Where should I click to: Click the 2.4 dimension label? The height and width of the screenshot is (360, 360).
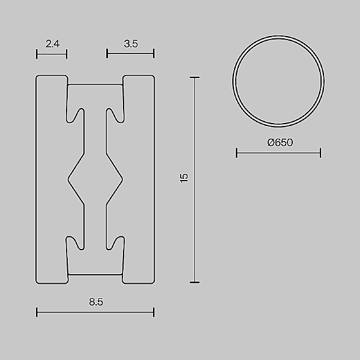click(x=52, y=43)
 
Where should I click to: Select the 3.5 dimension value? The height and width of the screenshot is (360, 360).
click(x=130, y=43)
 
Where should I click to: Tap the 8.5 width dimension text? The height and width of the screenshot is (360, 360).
click(x=96, y=302)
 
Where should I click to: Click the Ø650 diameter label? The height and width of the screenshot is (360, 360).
click(x=280, y=143)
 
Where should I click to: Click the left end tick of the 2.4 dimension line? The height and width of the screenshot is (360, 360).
click(x=37, y=54)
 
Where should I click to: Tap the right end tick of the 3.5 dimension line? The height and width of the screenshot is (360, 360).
click(x=154, y=54)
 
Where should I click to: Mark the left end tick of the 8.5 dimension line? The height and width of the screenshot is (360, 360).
click(x=37, y=312)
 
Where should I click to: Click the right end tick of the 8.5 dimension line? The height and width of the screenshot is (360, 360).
click(x=154, y=312)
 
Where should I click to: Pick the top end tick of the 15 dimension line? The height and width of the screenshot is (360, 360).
click(x=194, y=77)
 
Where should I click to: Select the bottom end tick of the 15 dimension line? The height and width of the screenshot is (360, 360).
click(x=194, y=282)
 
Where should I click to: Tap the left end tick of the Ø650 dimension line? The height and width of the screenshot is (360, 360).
click(x=237, y=154)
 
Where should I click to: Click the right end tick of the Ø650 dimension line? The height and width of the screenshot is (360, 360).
click(x=320, y=154)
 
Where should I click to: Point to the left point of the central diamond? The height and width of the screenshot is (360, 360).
click(x=67, y=178)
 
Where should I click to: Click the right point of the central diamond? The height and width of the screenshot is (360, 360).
click(x=123, y=178)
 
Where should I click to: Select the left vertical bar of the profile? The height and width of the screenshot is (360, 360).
click(x=51, y=179)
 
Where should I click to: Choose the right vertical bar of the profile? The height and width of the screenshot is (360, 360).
click(x=139, y=179)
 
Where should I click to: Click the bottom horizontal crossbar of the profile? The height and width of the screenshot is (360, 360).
click(x=95, y=264)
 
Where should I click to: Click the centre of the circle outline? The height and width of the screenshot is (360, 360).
click(x=278, y=83)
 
